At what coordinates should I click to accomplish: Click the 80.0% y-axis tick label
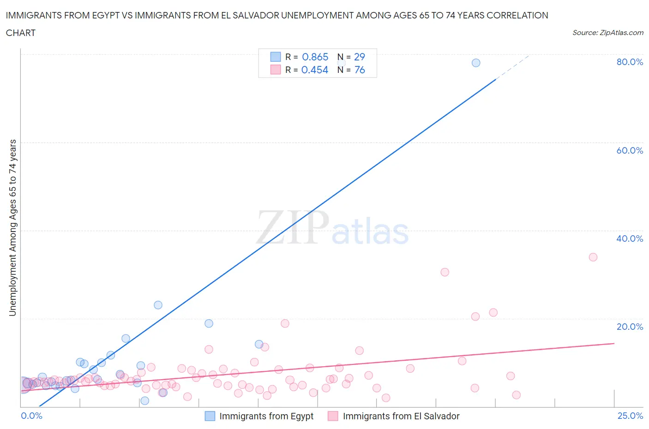[630, 62]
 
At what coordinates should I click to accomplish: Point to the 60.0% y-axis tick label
[630, 150]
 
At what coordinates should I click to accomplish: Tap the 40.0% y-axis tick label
[630, 238]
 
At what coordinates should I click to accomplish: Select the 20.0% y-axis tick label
[630, 327]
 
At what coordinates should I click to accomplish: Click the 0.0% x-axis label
[31, 416]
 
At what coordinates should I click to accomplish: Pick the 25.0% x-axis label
[630, 416]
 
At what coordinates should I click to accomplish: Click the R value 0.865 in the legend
[315, 57]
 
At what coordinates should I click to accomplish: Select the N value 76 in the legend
[360, 70]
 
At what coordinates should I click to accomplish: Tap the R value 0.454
[314, 70]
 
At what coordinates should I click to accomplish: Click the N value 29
[360, 57]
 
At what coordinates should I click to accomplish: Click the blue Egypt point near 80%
[476, 63]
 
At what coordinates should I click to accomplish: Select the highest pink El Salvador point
[593, 257]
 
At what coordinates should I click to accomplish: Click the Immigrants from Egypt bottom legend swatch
[210, 416]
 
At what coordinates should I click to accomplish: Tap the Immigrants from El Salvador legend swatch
[333, 416]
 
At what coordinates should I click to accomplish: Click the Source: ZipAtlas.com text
[607, 33]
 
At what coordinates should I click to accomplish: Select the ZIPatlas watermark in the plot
[332, 228]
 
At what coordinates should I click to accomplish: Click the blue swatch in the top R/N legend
[276, 57]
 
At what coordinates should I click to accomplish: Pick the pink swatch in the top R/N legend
[276, 70]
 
